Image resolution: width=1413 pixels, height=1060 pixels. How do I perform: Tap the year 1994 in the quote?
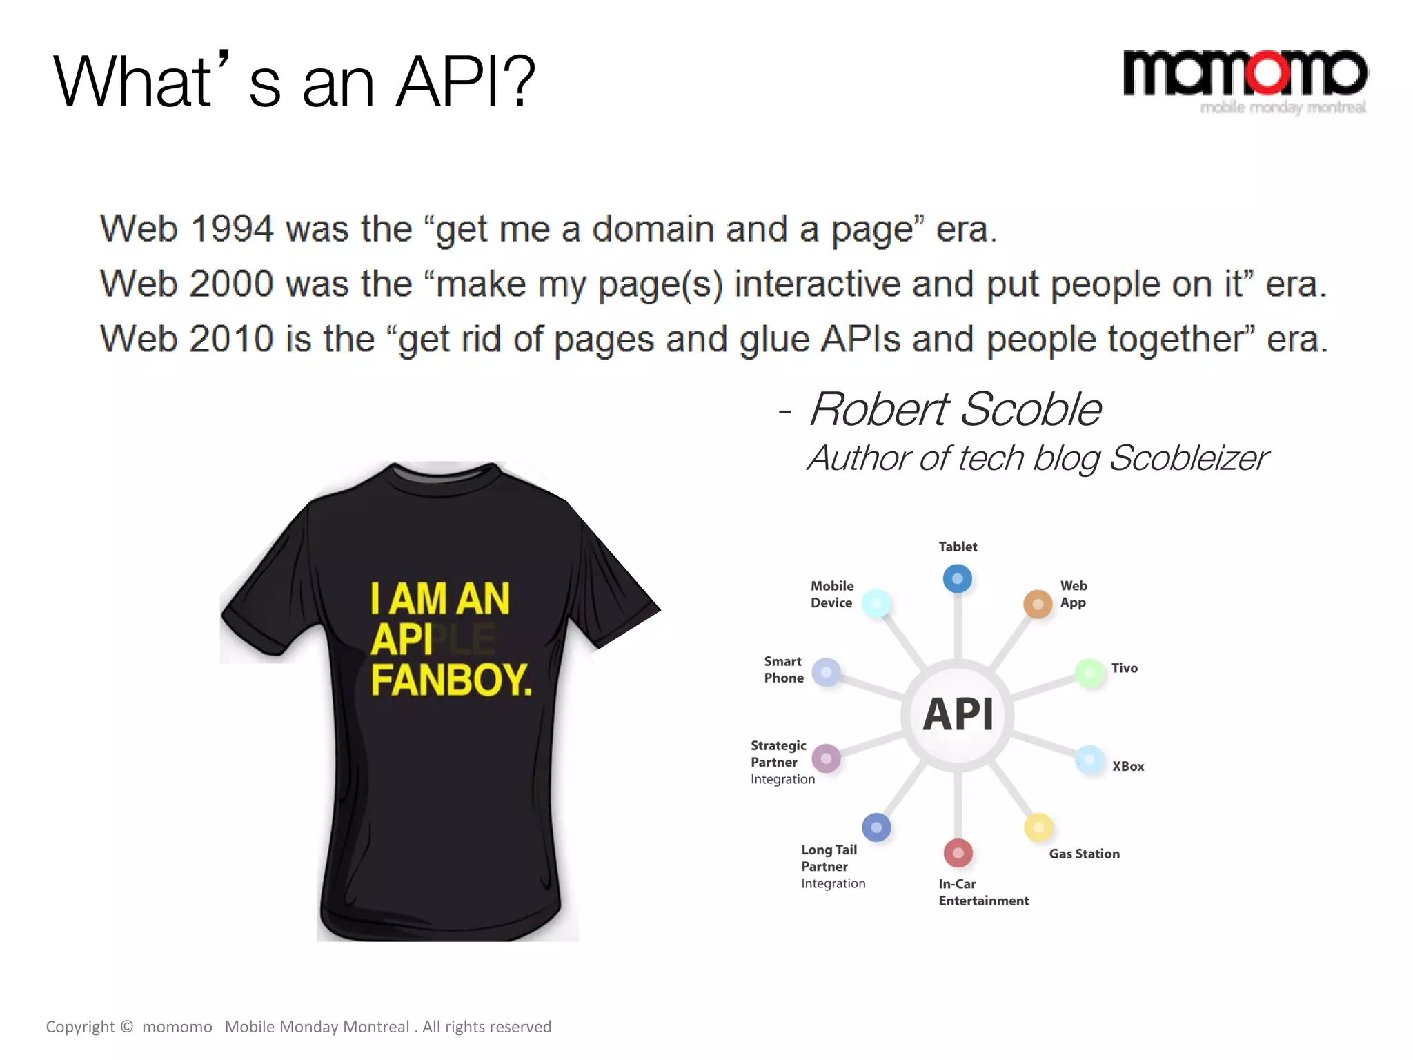point(232,229)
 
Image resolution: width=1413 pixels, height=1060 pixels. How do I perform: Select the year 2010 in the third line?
point(232,339)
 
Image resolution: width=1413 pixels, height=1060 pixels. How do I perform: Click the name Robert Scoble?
point(955,409)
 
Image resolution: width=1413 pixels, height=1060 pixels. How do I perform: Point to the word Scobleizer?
point(1188,458)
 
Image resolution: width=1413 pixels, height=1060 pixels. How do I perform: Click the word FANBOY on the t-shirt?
point(451,680)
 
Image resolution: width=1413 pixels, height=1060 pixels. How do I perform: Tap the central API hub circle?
point(958,714)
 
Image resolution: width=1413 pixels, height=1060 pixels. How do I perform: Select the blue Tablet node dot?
point(957,578)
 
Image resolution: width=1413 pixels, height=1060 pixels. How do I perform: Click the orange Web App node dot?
point(1037,604)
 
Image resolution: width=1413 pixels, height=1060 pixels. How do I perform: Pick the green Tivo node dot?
point(1089,672)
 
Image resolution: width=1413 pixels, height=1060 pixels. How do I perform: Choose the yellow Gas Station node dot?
point(1038,827)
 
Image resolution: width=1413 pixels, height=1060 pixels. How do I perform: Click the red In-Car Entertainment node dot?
point(958,853)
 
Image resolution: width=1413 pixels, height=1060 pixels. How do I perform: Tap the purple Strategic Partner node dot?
point(826,758)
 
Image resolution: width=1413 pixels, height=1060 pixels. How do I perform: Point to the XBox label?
point(1128,766)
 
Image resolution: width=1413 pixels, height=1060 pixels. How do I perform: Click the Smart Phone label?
point(784,669)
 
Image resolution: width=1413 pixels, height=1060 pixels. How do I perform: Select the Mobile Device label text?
point(831,594)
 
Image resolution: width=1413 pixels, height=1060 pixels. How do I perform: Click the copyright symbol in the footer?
point(127,1026)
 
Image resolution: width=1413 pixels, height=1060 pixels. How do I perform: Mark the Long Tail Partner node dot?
point(876,827)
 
